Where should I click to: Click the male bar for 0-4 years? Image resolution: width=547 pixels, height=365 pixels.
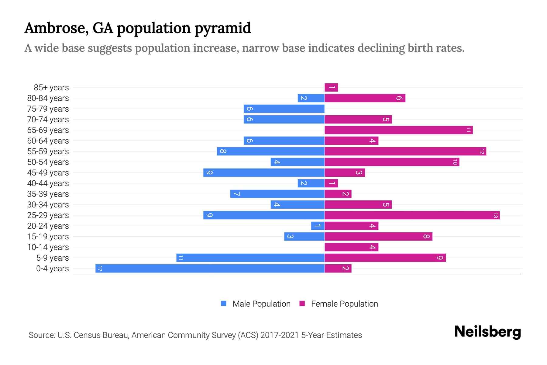[210, 268]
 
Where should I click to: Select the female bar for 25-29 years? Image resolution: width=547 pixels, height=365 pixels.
[412, 215]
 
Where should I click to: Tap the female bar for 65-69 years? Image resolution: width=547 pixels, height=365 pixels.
[398, 130]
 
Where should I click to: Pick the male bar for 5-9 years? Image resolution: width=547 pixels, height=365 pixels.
[250, 258]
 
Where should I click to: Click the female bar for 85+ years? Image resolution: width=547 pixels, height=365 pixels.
[331, 88]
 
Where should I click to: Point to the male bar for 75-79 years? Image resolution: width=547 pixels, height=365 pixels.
[284, 109]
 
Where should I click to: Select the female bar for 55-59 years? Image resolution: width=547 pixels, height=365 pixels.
[405, 151]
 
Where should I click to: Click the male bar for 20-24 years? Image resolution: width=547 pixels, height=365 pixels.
[318, 226]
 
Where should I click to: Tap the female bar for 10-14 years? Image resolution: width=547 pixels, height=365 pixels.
[351, 247]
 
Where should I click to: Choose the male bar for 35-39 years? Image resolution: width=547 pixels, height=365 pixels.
[277, 194]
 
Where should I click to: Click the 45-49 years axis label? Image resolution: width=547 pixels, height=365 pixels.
[48, 173]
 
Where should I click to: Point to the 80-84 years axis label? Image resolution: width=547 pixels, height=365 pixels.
[48, 98]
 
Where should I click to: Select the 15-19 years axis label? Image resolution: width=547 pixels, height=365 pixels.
[48, 237]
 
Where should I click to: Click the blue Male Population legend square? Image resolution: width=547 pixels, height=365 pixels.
[224, 304]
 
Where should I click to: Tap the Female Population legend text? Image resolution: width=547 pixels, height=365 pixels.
[344, 304]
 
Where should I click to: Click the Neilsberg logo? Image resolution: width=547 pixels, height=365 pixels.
[487, 332]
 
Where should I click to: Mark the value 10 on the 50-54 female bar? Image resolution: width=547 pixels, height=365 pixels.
[455, 162]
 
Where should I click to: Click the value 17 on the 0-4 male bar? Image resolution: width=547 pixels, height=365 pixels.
[100, 268]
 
